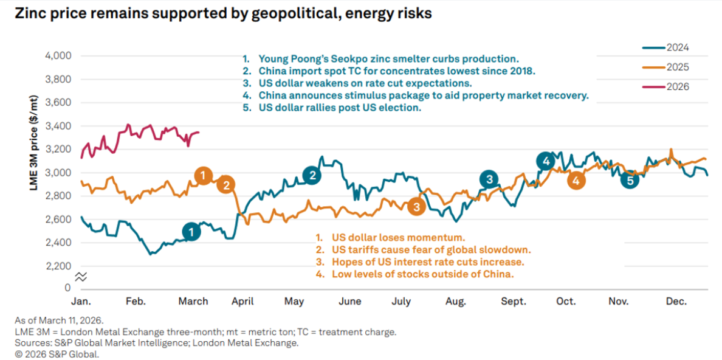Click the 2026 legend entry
676,87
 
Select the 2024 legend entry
676,47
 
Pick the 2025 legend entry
676,67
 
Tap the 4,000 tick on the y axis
59,56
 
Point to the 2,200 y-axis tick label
59,266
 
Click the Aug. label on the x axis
456,302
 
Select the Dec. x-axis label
676,302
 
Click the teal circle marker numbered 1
191,232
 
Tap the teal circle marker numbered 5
630,181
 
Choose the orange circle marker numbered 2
226,185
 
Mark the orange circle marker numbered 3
416,207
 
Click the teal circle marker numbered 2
312,176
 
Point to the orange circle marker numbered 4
576,181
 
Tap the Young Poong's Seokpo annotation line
380,59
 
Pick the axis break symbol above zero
81,277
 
